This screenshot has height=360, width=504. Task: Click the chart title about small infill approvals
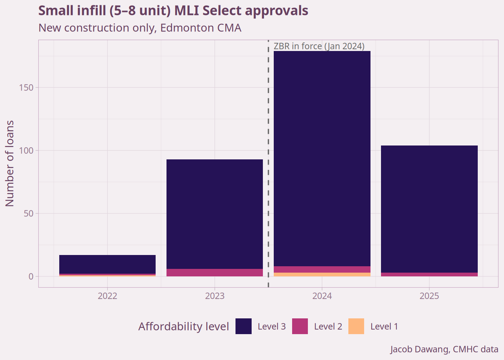click(x=173, y=11)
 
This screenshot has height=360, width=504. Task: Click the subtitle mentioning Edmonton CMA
click(x=139, y=28)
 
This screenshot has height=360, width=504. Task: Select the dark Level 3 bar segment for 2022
click(x=107, y=264)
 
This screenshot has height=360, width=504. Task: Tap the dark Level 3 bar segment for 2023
click(x=214, y=214)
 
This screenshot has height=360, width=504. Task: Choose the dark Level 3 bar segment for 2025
click(x=429, y=208)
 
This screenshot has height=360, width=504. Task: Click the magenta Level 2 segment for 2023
click(x=214, y=273)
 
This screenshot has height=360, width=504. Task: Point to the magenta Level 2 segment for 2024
click(x=322, y=269)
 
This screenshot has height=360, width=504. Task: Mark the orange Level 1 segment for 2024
click(x=322, y=274)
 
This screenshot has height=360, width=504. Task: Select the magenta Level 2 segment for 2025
click(x=429, y=274)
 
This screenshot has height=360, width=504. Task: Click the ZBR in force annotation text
click(x=319, y=46)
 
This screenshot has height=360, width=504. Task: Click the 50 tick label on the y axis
click(x=28, y=213)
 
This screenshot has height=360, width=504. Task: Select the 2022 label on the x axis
click(x=107, y=296)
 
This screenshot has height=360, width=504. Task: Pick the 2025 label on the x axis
click(x=429, y=296)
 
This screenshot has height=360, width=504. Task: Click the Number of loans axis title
click(x=10, y=163)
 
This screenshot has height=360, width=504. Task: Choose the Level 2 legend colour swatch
click(x=300, y=326)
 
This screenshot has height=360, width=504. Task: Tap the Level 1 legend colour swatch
click(x=356, y=326)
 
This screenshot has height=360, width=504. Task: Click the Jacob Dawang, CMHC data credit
click(x=444, y=349)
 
